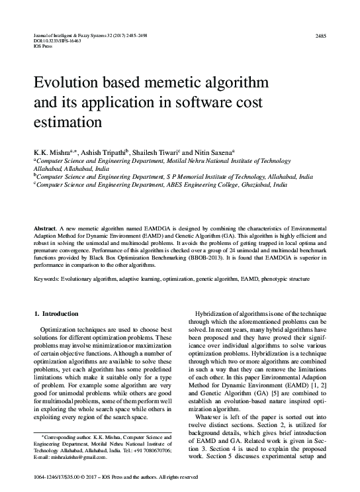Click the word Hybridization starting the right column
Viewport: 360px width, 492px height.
pos(215,312)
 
